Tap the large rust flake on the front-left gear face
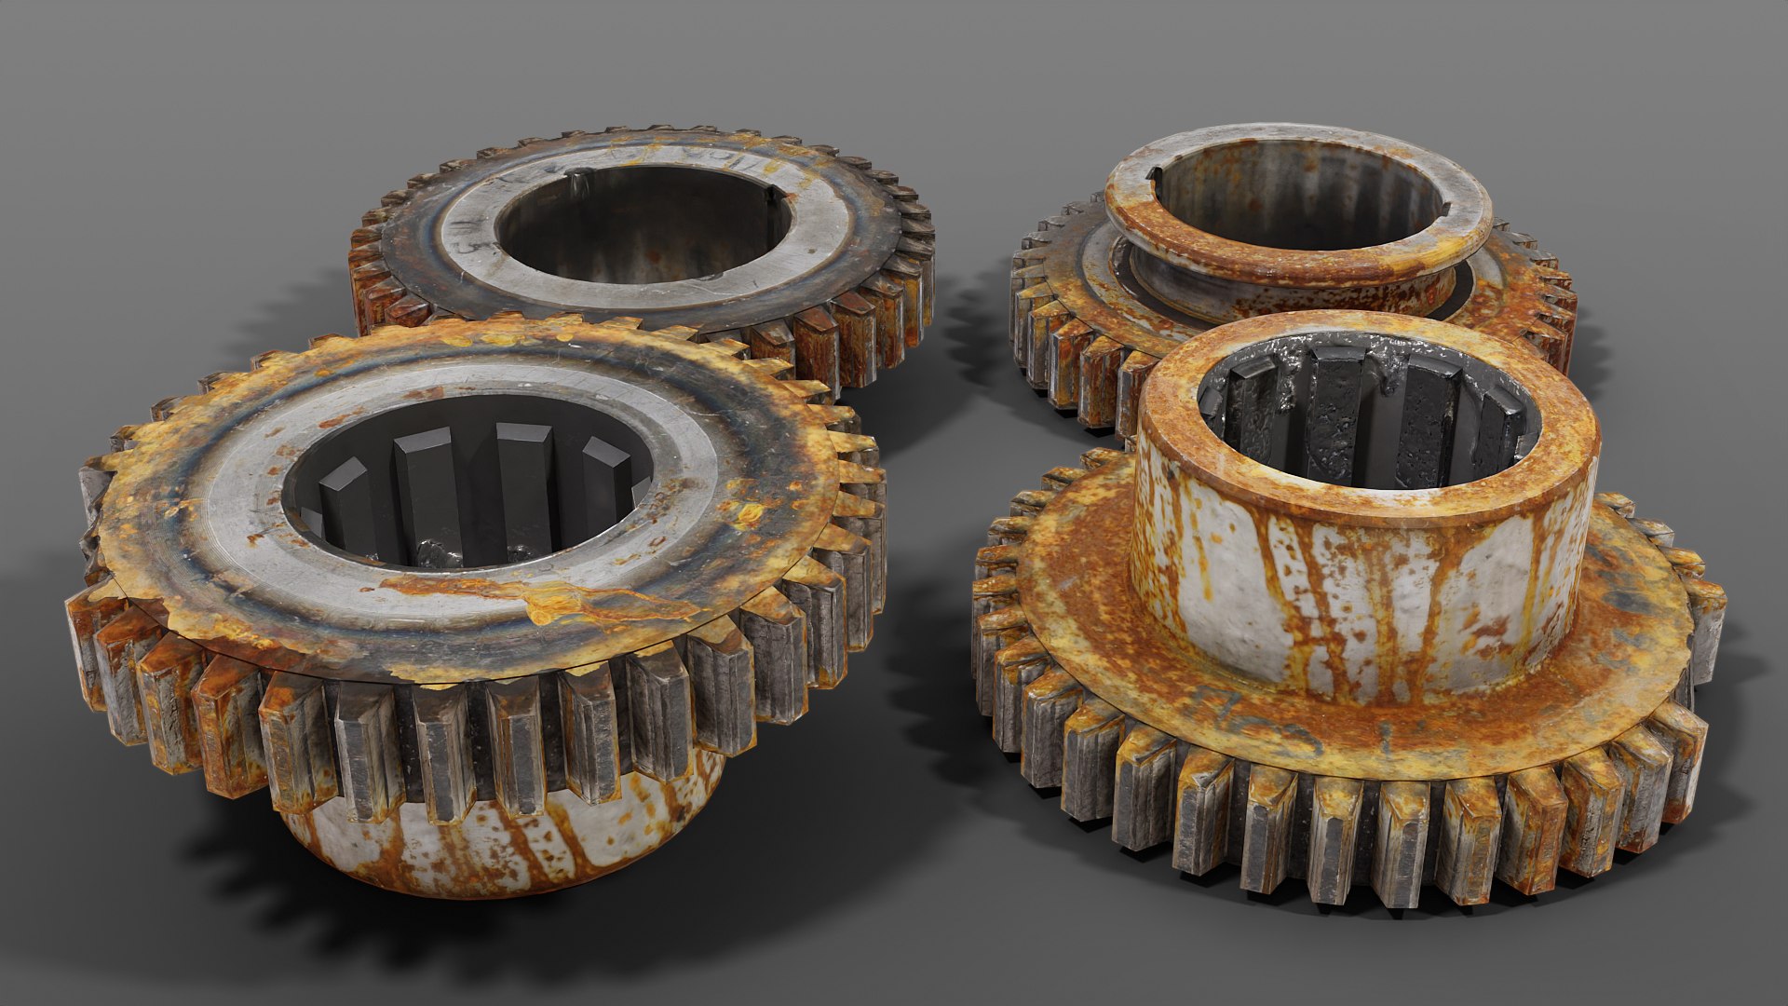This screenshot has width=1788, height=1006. [x=559, y=596]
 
